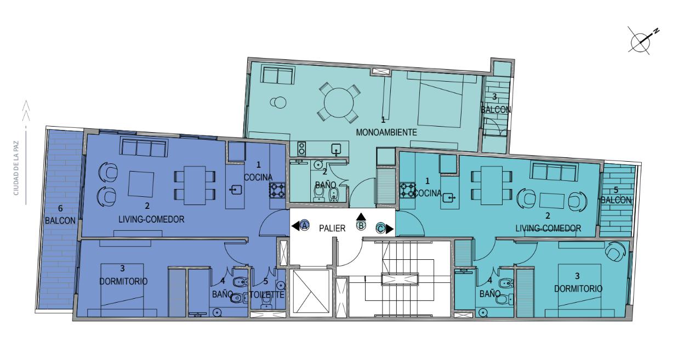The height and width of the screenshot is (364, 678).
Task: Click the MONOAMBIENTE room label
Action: [386, 132]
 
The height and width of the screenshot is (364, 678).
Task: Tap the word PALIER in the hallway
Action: [332, 229]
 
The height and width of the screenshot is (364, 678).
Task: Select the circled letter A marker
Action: [305, 225]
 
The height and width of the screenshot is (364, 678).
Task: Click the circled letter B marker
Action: [361, 226]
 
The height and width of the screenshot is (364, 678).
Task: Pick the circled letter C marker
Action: [380, 228]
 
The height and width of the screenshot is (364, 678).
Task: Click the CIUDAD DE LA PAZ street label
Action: [16, 168]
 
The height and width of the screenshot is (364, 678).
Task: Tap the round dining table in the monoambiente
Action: [339, 103]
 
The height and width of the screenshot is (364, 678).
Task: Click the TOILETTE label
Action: [267, 294]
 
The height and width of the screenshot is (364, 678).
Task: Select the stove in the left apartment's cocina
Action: [277, 190]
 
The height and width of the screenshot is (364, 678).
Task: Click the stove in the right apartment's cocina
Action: [407, 190]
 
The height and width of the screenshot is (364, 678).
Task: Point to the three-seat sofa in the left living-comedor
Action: [144, 147]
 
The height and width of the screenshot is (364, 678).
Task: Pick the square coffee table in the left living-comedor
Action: [141, 184]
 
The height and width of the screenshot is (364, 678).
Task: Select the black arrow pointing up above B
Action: [361, 216]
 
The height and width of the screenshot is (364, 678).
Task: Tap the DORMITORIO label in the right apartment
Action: [578, 288]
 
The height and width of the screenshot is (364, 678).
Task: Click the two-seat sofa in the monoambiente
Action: [278, 75]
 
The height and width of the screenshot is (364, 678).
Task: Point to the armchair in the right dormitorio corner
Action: [616, 251]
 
